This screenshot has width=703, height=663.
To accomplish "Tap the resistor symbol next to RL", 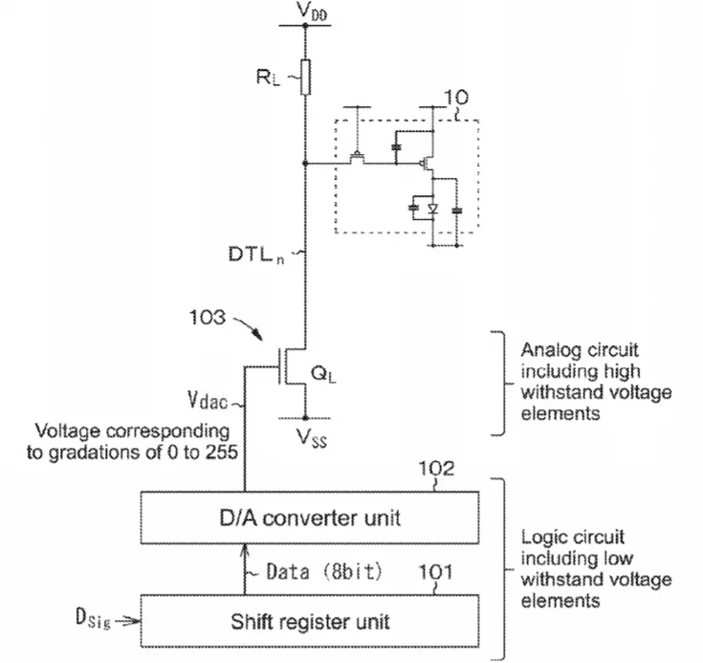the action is tap(305, 77).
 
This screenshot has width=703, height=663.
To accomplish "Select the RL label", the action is tap(268, 77).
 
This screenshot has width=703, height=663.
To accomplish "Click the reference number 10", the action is tap(456, 98).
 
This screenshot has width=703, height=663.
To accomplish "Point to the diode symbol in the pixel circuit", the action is tap(432, 209).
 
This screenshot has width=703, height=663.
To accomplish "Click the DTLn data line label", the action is tap(256, 254).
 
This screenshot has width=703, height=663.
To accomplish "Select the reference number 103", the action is tap(208, 318).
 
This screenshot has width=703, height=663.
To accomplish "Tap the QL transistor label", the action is tap(323, 374).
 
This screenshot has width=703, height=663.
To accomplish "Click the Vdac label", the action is tap(208, 400).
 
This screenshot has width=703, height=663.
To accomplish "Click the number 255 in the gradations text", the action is tap(222, 453).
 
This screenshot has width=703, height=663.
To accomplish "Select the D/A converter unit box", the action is tap(310, 519).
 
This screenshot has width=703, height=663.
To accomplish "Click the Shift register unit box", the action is tap(310, 621).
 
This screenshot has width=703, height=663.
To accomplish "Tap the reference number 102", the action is tap(436, 469).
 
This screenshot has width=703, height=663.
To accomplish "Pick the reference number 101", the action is tap(435, 572).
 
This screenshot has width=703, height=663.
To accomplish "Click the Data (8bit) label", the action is tap(323, 571).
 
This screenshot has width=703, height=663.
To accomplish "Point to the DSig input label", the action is tap(93, 618).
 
